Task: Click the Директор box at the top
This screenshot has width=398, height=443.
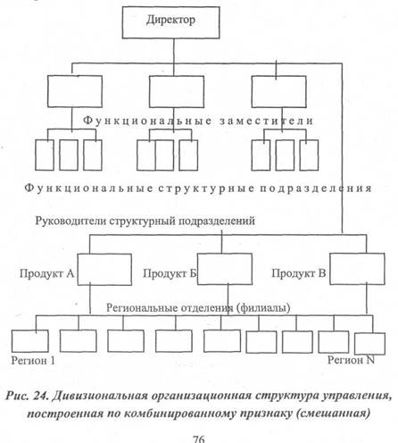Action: click(171, 23)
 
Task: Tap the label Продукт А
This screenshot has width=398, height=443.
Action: click(46, 273)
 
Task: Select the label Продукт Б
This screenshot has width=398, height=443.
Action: click(170, 273)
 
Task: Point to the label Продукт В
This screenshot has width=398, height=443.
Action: click(299, 273)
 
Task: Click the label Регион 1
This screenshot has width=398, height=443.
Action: click(33, 361)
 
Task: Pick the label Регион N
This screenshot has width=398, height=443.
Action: click(351, 360)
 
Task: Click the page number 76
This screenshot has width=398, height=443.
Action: click(199, 439)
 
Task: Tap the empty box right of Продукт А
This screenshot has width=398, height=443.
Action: click(104, 270)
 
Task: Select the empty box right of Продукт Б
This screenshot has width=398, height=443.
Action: click(225, 269)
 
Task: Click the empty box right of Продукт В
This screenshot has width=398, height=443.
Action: click(357, 269)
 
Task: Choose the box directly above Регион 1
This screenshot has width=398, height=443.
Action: click(30, 341)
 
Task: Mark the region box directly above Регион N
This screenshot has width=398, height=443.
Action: click(370, 344)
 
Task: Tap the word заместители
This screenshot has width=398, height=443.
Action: click(267, 121)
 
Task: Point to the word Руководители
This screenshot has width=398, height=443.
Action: click(70, 221)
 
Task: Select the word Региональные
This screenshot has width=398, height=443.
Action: click(140, 307)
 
